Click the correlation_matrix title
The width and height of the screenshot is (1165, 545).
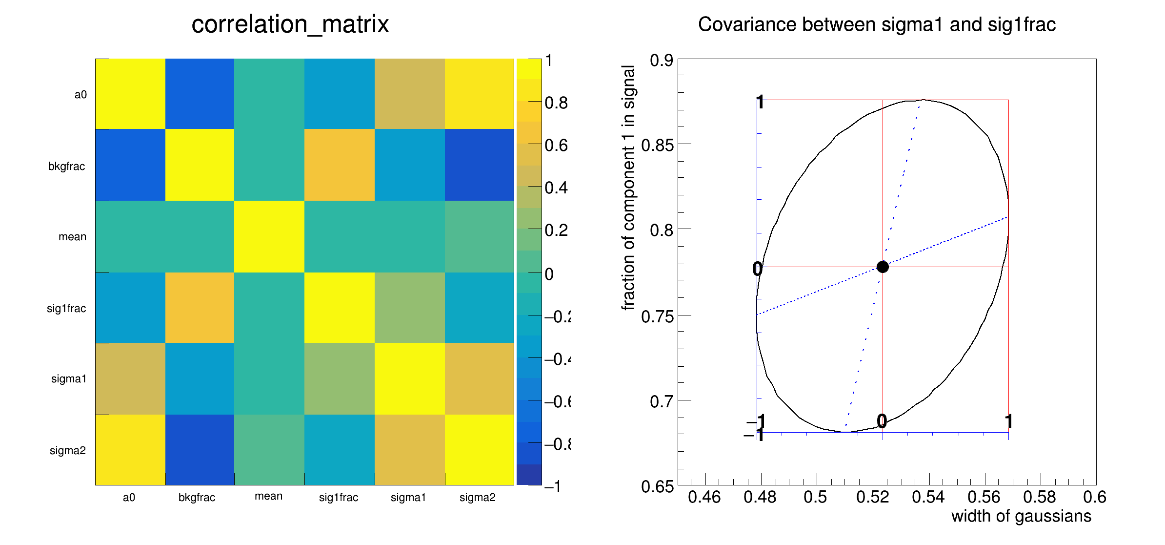(290, 24)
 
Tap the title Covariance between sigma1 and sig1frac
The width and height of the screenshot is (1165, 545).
(877, 24)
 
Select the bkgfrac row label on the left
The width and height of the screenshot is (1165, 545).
(66, 167)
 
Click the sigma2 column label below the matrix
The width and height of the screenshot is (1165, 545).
(477, 498)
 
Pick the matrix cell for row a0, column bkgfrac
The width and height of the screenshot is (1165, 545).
(200, 94)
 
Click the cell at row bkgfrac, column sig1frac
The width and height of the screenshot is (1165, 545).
(339, 165)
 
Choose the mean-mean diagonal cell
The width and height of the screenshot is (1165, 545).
(269, 236)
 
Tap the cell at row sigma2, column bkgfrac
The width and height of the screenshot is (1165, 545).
(200, 450)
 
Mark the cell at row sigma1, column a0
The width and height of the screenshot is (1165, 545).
(130, 378)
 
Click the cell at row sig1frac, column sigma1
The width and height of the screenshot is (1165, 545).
(409, 308)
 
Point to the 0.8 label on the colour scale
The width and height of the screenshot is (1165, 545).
(556, 103)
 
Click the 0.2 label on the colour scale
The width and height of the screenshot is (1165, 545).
(556, 230)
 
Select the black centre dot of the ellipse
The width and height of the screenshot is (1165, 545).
(883, 267)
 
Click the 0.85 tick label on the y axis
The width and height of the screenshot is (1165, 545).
(657, 145)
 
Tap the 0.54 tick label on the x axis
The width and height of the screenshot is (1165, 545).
(928, 497)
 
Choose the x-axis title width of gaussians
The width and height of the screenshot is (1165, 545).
(1021, 516)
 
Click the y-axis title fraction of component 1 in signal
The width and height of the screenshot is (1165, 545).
(628, 188)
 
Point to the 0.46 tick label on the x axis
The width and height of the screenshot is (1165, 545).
(704, 497)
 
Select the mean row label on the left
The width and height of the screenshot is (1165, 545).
(72, 237)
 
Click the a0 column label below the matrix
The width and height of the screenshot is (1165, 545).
(129, 498)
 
